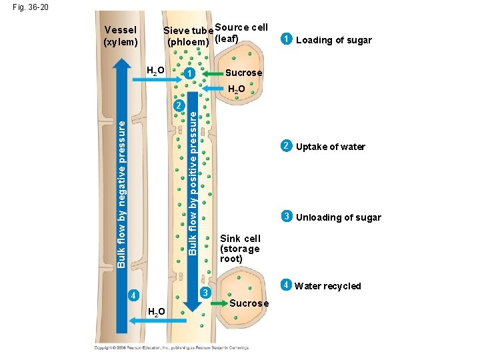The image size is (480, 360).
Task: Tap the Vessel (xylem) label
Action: [x=121, y=35]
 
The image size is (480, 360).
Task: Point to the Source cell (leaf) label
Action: [x=241, y=31]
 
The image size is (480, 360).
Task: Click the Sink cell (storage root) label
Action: [x=240, y=248]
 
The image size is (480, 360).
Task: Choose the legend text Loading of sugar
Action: [x=333, y=40]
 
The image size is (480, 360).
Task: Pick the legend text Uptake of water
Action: [x=330, y=147]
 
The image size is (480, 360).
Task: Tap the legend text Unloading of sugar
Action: [x=338, y=217]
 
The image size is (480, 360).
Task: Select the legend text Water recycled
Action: [x=327, y=287]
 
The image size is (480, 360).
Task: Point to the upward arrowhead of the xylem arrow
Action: [x=121, y=64]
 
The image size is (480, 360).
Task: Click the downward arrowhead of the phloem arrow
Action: [x=192, y=306]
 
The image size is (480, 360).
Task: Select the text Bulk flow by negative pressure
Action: [x=121, y=190]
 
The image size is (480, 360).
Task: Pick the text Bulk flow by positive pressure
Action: [x=192, y=183]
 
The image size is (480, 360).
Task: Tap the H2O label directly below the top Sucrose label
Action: [x=237, y=89]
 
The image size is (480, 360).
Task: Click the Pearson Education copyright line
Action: [x=171, y=347]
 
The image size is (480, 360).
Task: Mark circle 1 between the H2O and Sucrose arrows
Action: [x=190, y=73]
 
